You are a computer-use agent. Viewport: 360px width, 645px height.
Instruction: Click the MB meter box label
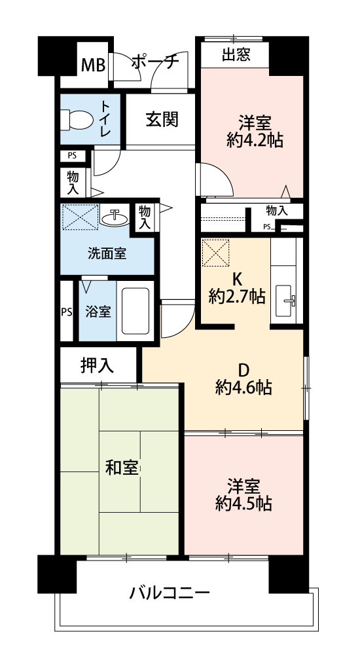(94, 65)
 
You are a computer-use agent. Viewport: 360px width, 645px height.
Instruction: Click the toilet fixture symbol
(77, 119)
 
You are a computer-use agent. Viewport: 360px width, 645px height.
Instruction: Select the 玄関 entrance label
(162, 120)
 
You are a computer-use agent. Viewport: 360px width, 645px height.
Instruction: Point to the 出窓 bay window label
(236, 54)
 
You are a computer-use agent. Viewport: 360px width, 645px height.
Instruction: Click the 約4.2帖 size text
(255, 141)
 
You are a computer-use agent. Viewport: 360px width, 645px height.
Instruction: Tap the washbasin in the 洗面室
(115, 217)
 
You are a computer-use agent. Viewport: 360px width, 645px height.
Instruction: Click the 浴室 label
(98, 312)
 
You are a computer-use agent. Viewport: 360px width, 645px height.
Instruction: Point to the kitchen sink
(285, 301)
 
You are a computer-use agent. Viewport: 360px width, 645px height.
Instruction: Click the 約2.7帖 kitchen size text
(237, 296)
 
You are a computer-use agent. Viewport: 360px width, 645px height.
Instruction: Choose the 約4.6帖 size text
(243, 388)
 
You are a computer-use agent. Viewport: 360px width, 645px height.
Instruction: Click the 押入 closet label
(97, 365)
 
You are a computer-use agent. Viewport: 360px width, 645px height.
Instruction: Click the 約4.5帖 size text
(243, 504)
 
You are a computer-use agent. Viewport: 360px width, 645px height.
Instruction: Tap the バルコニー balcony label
(170, 593)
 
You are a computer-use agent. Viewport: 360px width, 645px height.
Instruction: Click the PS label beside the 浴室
(67, 312)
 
